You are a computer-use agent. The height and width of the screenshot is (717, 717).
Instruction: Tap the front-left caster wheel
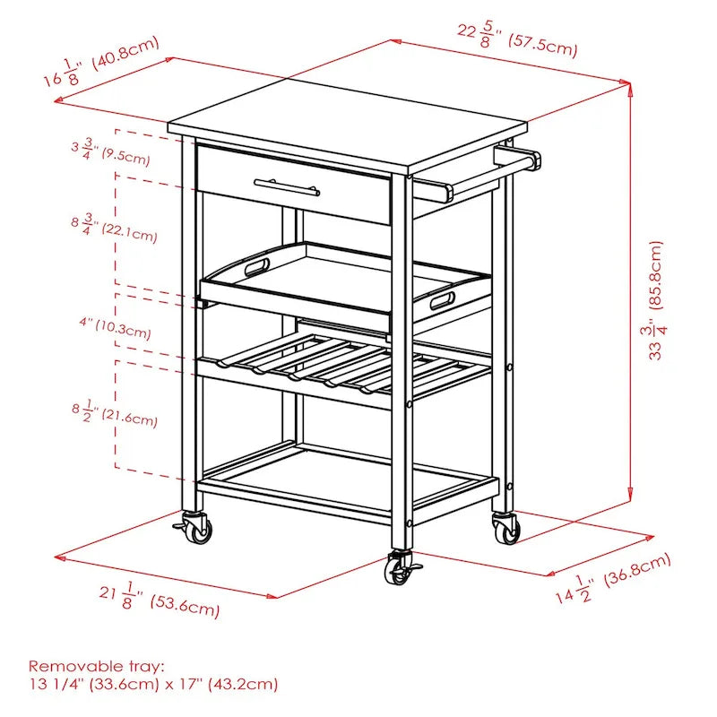197,529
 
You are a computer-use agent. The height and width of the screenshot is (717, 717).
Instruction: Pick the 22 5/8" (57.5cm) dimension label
517,38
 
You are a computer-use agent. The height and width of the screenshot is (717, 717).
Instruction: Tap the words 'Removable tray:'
97,666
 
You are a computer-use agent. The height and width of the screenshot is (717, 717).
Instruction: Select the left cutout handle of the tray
254,266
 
